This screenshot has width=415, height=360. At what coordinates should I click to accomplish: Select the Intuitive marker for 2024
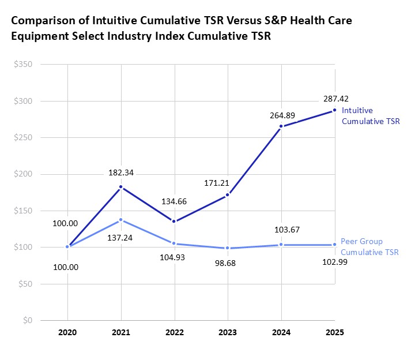pos(281,126)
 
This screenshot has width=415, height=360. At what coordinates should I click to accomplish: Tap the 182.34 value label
pos(121,172)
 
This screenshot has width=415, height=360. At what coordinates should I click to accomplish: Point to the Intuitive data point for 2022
pos(175,222)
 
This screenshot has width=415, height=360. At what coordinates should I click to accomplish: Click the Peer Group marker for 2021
pos(121,220)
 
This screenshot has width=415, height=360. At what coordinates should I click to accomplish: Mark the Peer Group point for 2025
pos(335,245)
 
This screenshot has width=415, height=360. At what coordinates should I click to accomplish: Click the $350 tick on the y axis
pos(24,64)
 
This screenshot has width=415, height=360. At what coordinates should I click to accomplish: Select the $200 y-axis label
pos(24,174)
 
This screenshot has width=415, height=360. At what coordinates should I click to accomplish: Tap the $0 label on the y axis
pos(27,321)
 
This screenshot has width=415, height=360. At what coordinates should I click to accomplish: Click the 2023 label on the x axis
pos(228,333)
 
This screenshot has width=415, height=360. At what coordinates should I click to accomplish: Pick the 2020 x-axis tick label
pos(67,333)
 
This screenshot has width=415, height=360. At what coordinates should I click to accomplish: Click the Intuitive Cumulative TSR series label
pos(370,115)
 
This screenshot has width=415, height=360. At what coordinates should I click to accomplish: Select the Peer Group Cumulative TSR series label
pos(369,246)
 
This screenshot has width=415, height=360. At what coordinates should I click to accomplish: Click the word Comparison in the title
pos(43,21)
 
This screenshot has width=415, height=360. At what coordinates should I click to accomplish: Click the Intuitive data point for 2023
pos(228,195)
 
